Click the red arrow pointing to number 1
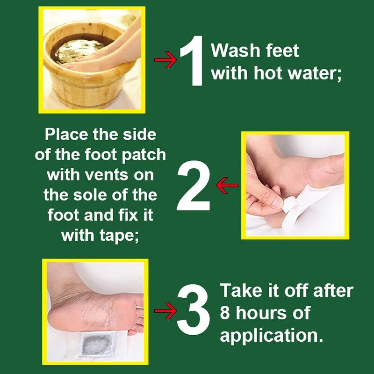click(165, 61)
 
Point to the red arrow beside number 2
click(228, 186)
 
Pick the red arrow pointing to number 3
click(165, 310)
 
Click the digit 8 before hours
click(225, 312)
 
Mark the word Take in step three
click(238, 290)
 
